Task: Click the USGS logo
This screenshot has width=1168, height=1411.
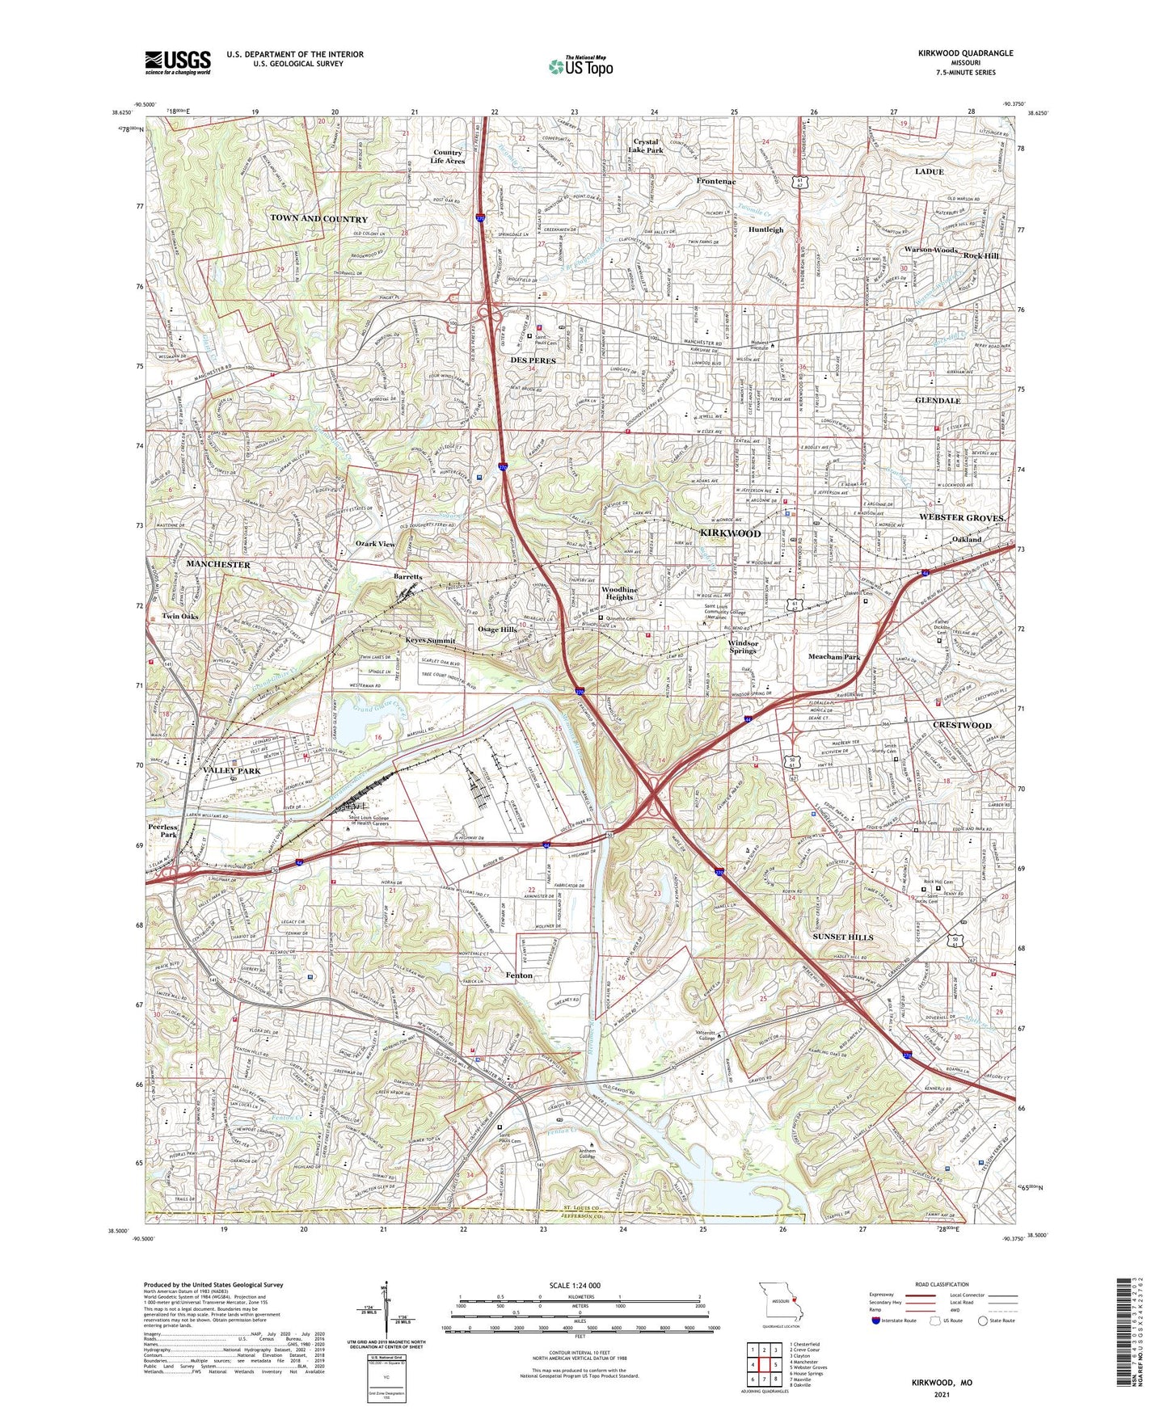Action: coord(178,61)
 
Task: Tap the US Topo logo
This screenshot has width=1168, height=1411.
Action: coord(580,66)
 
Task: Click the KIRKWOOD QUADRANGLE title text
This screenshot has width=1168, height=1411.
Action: coord(964,53)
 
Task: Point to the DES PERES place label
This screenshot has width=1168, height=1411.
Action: coord(533,360)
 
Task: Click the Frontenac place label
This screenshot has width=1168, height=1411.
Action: coord(716,182)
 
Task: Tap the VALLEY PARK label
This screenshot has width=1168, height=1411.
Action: coord(232,771)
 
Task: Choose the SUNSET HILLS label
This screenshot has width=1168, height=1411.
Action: coord(842,937)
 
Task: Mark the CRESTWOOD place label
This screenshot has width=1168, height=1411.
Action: coord(962,726)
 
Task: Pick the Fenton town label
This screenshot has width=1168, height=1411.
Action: coord(519,975)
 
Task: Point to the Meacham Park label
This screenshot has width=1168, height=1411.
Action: coord(834,657)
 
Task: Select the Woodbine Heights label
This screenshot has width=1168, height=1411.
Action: coord(619,593)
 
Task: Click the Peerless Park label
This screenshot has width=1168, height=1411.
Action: coord(168,831)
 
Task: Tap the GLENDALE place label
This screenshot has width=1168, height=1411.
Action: coord(938,401)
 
